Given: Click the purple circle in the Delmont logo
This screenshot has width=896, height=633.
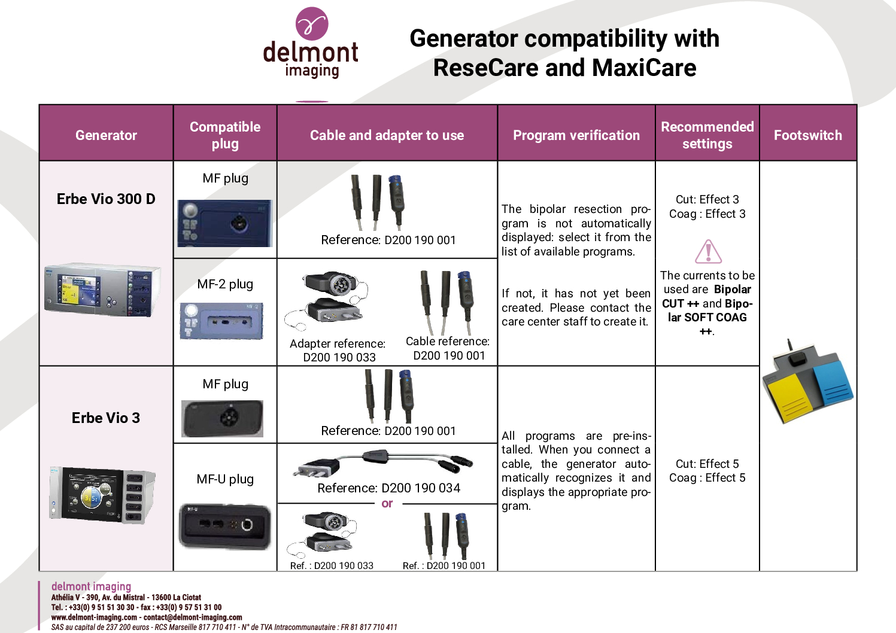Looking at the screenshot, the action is pyautogui.click(x=312, y=23).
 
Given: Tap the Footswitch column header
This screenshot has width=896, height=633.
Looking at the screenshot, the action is pyautogui.click(x=807, y=135).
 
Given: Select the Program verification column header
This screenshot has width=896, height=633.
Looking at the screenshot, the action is pyautogui.click(x=576, y=135).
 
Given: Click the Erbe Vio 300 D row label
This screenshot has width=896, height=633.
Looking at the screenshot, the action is pyautogui.click(x=106, y=199).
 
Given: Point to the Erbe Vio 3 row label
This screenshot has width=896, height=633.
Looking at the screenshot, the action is pyautogui.click(x=106, y=418).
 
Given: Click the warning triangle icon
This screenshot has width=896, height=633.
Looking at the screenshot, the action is pyautogui.click(x=708, y=251).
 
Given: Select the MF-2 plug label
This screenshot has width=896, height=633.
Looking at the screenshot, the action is pyautogui.click(x=225, y=284).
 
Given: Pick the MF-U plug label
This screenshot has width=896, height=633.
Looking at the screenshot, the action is pyautogui.click(x=225, y=479).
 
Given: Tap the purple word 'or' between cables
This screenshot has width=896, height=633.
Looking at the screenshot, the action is pyautogui.click(x=387, y=503).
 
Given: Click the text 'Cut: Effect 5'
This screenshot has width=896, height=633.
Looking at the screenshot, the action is pyautogui.click(x=707, y=464).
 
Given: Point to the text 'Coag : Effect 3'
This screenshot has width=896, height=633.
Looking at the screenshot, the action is pyautogui.click(x=707, y=214).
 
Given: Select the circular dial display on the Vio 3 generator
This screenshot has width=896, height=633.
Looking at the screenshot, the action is pyautogui.click(x=93, y=498).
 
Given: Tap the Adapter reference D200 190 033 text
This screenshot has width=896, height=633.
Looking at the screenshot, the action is pyautogui.click(x=338, y=350).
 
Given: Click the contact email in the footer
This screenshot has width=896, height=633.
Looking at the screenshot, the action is pyautogui.click(x=193, y=617).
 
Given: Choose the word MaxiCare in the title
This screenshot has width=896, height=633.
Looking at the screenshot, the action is pyautogui.click(x=644, y=68).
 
